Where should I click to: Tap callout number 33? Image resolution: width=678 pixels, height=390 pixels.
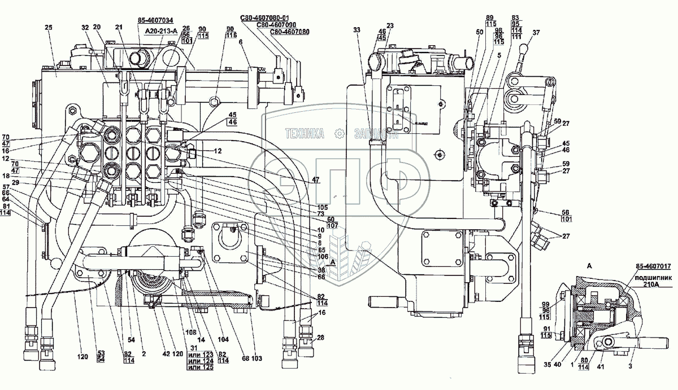click(x=357, y=29)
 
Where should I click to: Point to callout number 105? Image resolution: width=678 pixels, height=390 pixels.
click(x=323, y=207)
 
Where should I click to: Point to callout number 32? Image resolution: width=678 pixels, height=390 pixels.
click(x=85, y=27)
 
